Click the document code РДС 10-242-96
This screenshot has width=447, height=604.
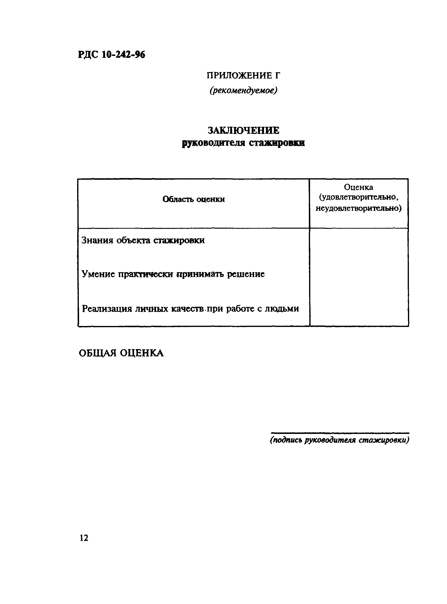pyautogui.click(x=111, y=55)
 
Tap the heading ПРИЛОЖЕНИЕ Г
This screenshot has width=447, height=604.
pyautogui.click(x=243, y=75)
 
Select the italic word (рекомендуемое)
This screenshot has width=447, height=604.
pyautogui.click(x=243, y=90)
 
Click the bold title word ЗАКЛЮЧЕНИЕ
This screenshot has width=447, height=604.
pyautogui.click(x=243, y=131)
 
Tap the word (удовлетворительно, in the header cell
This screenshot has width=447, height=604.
pyautogui.click(x=359, y=197)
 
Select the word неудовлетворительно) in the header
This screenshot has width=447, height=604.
pyautogui.click(x=359, y=208)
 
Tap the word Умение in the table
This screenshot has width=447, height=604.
pyautogui.click(x=98, y=274)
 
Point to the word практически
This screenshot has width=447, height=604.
pyautogui.click(x=146, y=274)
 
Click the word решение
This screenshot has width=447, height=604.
pyautogui.click(x=245, y=274)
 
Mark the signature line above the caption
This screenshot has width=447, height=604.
pyautogui.click(x=340, y=433)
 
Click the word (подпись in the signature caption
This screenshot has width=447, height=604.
pyautogui.click(x=286, y=440)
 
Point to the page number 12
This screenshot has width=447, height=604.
pyautogui.click(x=84, y=538)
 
